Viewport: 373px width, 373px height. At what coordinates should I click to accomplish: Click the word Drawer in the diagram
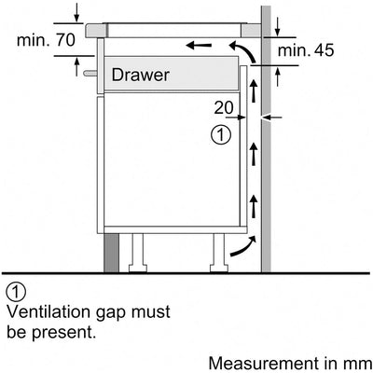click(x=140, y=75)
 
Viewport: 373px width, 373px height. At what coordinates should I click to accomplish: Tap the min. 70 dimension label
click(x=46, y=40)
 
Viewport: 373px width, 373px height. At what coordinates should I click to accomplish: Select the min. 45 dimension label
click(x=306, y=50)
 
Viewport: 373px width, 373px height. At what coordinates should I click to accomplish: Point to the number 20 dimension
click(x=224, y=108)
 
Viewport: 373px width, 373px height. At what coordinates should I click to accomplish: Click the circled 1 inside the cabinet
click(x=221, y=135)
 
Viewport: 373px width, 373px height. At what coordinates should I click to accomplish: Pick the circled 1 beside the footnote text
click(x=16, y=292)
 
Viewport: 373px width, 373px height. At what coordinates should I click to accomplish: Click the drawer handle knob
click(x=90, y=74)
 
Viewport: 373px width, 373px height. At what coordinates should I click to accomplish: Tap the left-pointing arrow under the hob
click(x=199, y=46)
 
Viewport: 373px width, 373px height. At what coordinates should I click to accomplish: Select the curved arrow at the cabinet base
click(x=243, y=247)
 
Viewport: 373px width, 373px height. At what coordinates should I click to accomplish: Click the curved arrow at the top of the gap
click(x=244, y=49)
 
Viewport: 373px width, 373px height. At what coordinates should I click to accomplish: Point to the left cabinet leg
click(x=138, y=253)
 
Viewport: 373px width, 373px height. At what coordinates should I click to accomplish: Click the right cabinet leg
click(x=219, y=253)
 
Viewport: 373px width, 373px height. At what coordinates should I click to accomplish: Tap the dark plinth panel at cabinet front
click(x=111, y=253)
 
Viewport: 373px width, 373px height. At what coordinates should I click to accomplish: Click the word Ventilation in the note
click(x=47, y=311)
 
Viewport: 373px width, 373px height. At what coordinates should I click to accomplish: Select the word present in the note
click(x=64, y=333)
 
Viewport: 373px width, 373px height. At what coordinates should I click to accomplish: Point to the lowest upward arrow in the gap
click(x=255, y=206)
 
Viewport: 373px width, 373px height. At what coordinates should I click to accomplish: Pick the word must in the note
click(x=151, y=312)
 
